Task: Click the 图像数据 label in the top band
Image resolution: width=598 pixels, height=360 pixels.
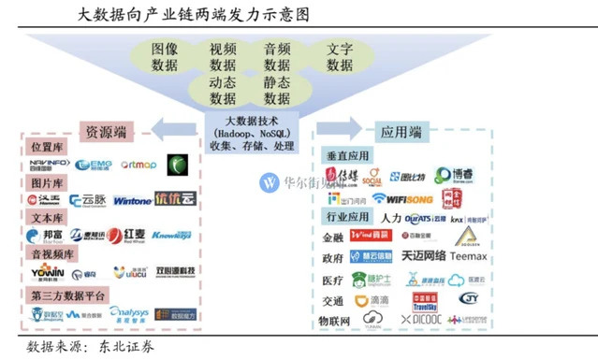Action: [x=165, y=57]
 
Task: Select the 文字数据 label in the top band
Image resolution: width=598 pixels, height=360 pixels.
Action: [x=339, y=57]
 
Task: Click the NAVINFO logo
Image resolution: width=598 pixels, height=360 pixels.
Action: [x=49, y=166]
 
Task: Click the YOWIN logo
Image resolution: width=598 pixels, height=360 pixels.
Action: [x=47, y=272]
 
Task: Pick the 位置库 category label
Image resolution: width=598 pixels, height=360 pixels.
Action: [x=48, y=148]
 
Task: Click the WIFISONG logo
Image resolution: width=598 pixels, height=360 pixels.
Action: [x=403, y=198]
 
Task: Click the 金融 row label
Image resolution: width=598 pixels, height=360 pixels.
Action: [x=332, y=238]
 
